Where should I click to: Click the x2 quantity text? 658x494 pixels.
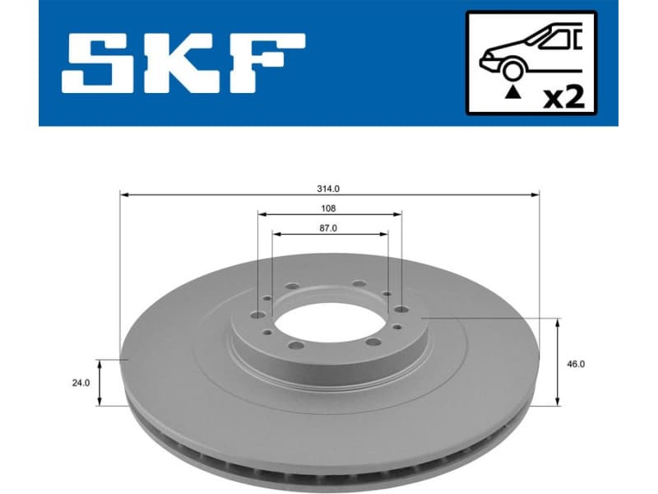[x=565, y=98]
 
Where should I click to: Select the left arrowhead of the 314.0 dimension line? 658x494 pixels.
[x=124, y=195]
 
